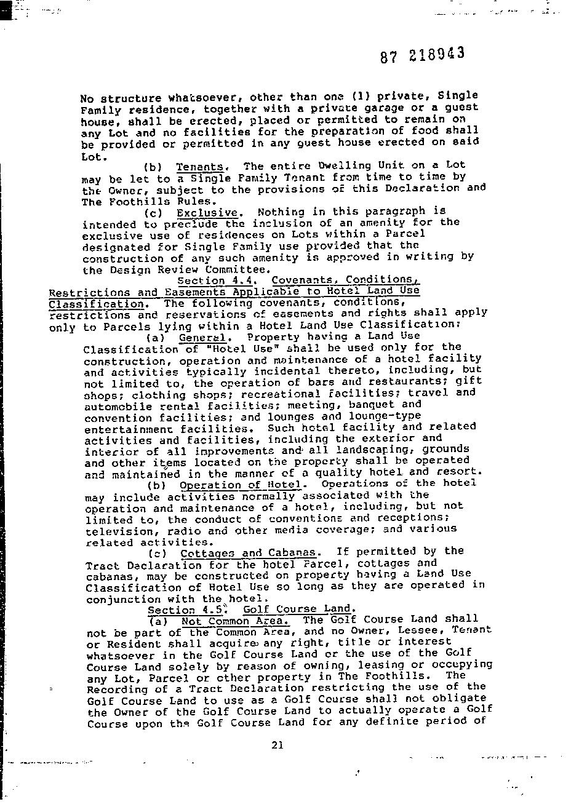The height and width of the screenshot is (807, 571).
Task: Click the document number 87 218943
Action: coord(422,55)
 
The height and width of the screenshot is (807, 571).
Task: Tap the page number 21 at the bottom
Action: coord(277,745)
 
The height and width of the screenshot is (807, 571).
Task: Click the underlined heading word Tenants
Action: coord(200,167)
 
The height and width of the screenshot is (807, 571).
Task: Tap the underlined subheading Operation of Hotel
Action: coord(241,485)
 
